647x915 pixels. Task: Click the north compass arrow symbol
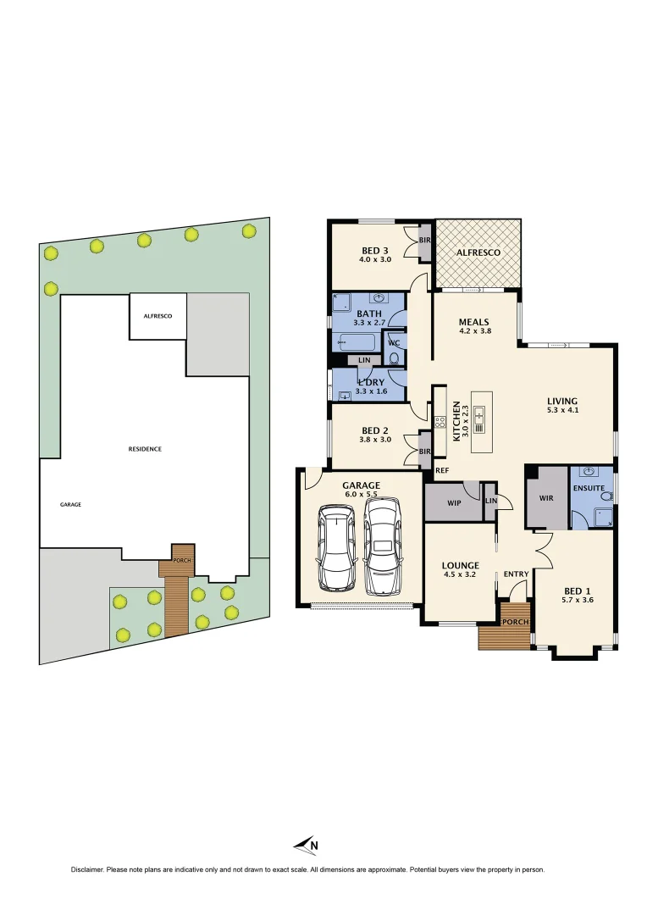(304, 844)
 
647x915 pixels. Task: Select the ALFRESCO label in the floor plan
(478, 252)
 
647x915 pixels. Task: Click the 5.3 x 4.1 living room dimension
(561, 411)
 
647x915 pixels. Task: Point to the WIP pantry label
(453, 502)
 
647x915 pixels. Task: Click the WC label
(393, 342)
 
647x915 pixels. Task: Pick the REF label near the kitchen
(441, 469)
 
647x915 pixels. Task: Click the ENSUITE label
(588, 488)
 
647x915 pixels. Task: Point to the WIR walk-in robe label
(546, 498)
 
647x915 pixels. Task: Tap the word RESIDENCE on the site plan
(145, 449)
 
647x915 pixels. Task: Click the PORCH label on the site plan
(182, 561)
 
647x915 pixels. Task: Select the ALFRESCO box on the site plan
(158, 316)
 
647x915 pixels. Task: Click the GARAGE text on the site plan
(70, 504)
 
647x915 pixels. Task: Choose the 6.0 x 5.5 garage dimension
(361, 494)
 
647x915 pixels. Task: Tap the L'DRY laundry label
(369, 383)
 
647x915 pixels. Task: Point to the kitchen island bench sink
(480, 414)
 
